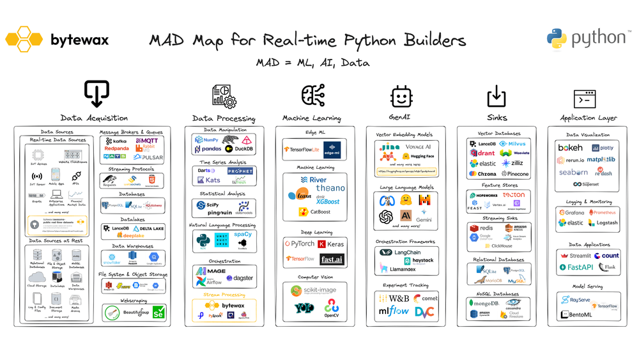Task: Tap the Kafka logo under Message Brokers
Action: [x=116, y=141]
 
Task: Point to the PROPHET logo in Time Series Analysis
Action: [x=240, y=171]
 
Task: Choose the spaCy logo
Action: [x=243, y=235]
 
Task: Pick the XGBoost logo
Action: [x=329, y=201]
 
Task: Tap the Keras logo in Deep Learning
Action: [x=331, y=244]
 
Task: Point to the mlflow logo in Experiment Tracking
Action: [x=393, y=312]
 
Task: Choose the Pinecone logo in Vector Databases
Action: [x=514, y=174]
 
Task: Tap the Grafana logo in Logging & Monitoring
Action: [x=571, y=212]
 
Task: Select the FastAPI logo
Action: [x=574, y=267]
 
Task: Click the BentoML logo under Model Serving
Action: [x=574, y=315]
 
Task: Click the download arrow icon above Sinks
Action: [x=497, y=96]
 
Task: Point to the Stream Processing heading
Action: [x=224, y=295]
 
